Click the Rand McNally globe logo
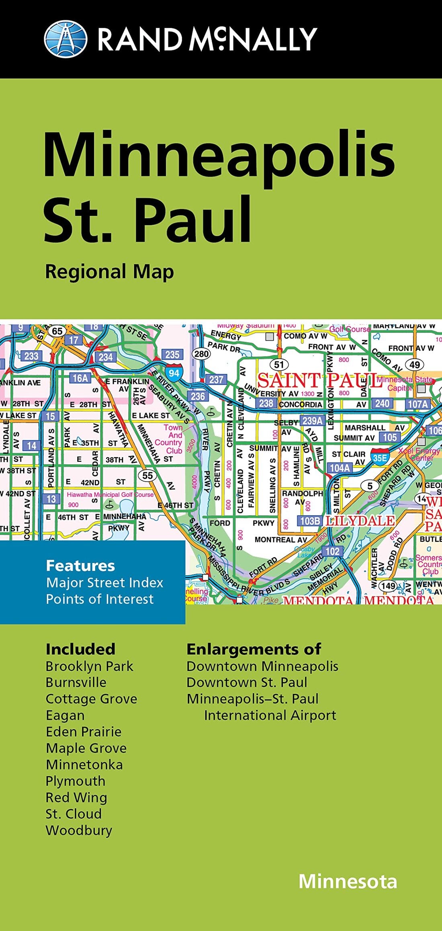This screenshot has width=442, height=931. pyautogui.click(x=65, y=39)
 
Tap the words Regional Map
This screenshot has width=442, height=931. pyautogui.click(x=109, y=272)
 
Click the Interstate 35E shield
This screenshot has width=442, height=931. pyautogui.click(x=380, y=457)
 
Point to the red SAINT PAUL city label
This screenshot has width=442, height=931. pyautogui.click(x=319, y=380)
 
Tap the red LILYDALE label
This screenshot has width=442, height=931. pyautogui.click(x=360, y=521)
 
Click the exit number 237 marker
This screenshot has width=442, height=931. pyautogui.click(x=216, y=379)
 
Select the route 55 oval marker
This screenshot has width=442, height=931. pyautogui.click(x=147, y=476)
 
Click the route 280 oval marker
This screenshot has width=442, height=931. pyautogui.click(x=201, y=354)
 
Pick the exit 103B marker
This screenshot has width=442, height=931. pyautogui.click(x=310, y=521)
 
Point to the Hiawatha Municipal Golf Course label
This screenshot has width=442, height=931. pyautogui.click(x=110, y=494)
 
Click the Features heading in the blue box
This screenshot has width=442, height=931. pyautogui.click(x=80, y=566)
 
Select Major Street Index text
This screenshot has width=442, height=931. pyautogui.click(x=104, y=582)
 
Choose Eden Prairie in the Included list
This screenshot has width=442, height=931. pyautogui.click(x=84, y=732)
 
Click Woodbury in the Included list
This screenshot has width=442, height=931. pyautogui.click(x=79, y=830)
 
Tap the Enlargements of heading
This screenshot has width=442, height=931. pyautogui.click(x=254, y=649)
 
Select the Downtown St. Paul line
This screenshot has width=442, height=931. pyautogui.click(x=247, y=682)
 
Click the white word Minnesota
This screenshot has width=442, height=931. pyautogui.click(x=348, y=882)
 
